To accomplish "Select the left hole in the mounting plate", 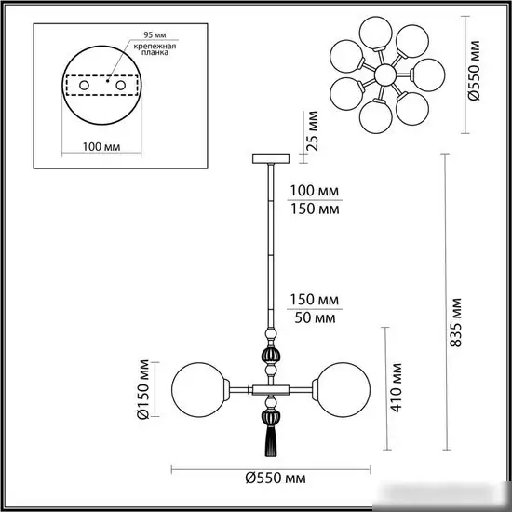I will tap(85, 85).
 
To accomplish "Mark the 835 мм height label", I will tap(455, 322).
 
